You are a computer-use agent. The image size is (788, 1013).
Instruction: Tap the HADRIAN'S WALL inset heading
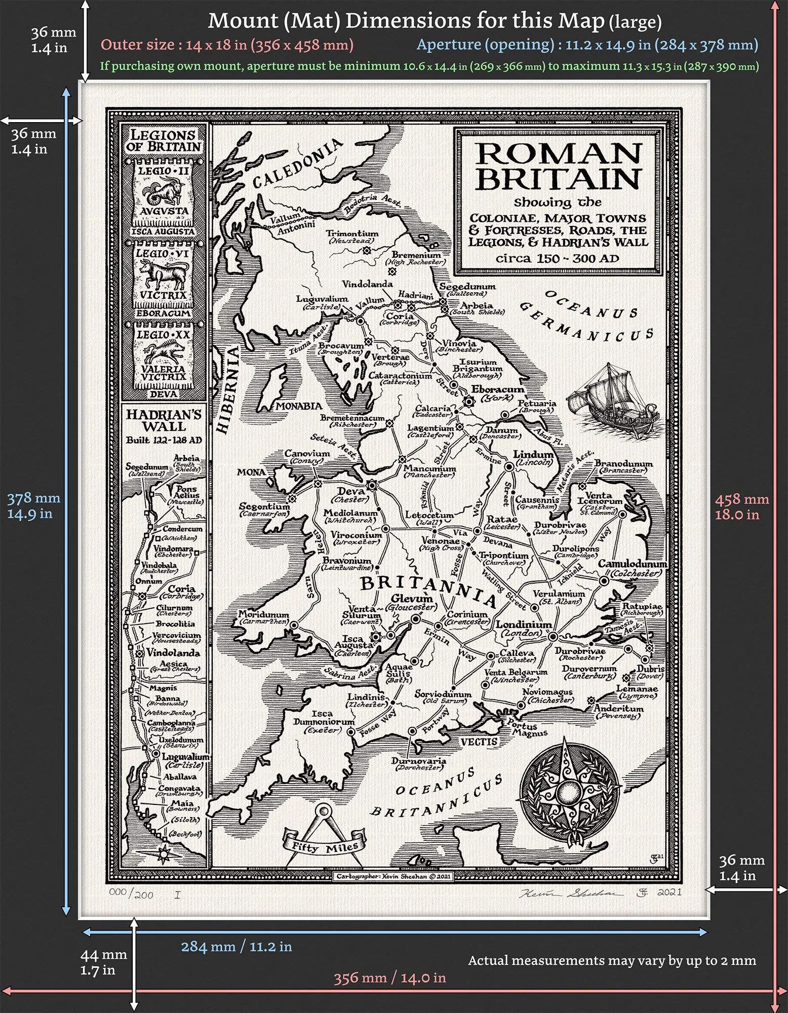click(164, 420)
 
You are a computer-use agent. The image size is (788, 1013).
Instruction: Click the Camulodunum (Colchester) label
click(633, 568)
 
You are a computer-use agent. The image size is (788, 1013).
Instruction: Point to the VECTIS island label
click(479, 742)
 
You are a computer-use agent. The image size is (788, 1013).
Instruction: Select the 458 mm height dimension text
click(741, 506)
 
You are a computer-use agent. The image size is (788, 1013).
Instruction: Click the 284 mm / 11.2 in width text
click(237, 947)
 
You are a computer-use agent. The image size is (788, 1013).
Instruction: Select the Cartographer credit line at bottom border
click(393, 876)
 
